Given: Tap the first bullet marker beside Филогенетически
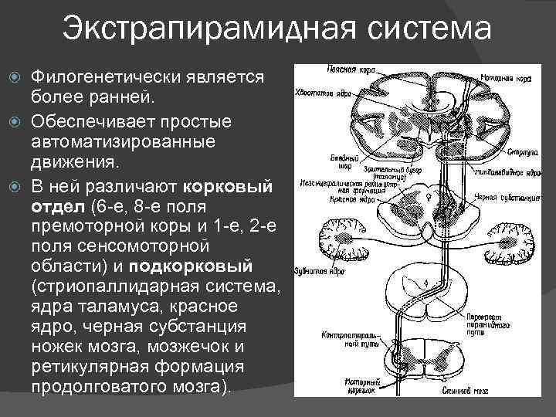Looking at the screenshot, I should point(15,78).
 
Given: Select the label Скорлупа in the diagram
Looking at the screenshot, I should point(520,153).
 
